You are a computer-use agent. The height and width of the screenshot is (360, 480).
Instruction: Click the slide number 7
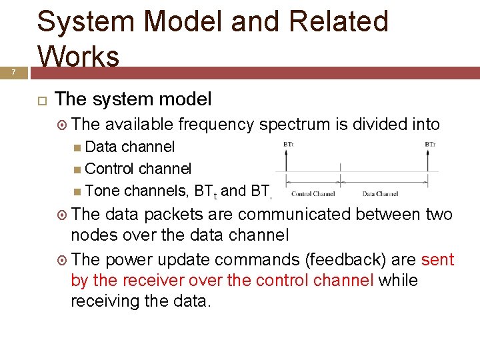(x=13, y=72)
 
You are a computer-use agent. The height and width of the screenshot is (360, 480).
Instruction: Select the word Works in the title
(x=79, y=55)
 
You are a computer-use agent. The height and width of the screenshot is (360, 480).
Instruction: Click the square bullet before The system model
(x=41, y=100)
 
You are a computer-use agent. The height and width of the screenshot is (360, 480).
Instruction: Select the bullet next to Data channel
(x=78, y=147)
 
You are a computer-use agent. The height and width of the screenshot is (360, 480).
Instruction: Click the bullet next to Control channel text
(x=78, y=169)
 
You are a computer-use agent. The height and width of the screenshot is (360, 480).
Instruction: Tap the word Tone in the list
(x=103, y=191)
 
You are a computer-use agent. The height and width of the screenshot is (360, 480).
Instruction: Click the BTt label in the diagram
(x=289, y=143)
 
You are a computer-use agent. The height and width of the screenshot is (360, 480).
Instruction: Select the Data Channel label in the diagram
(x=380, y=194)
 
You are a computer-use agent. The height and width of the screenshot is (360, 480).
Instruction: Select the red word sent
(x=437, y=259)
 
